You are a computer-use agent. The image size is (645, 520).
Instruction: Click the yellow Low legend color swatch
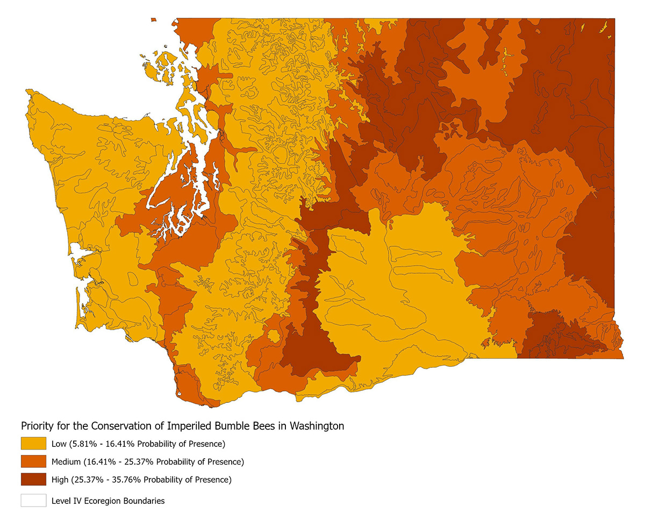coord(33,444)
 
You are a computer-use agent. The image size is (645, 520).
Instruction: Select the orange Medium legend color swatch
coord(33,461)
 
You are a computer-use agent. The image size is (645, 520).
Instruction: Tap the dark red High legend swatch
coord(33,479)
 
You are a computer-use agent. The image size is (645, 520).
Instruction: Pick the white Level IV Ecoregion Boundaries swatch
coord(33,500)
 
